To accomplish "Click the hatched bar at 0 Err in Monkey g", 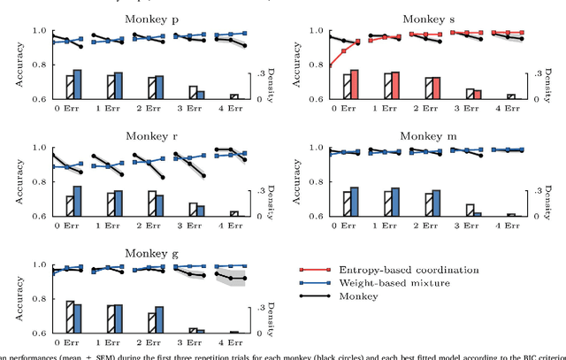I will point(70,317).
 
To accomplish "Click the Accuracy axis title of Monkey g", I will point(10,298).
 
